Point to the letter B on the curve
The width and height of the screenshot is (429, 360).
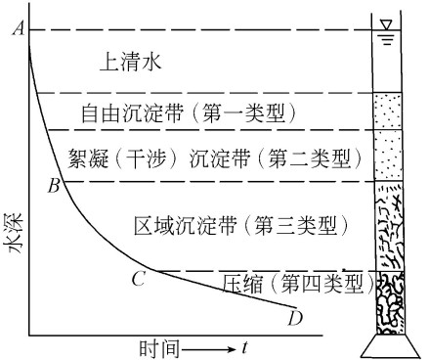point(55,184)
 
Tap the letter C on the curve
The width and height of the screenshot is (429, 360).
point(139,279)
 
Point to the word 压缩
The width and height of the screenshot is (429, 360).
point(240,285)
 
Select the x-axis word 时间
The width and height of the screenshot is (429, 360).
point(156,346)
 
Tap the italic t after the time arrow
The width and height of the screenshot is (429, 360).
point(244,346)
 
